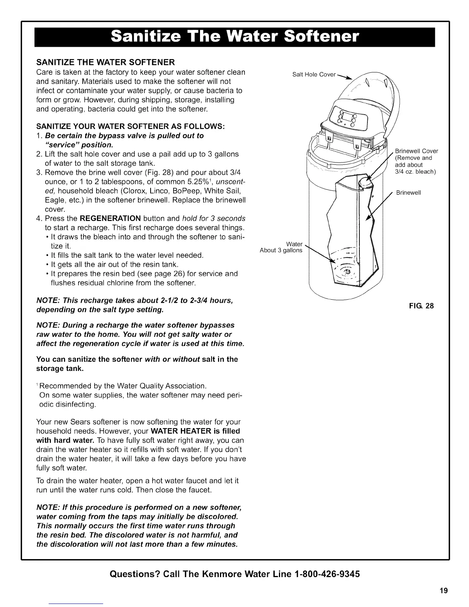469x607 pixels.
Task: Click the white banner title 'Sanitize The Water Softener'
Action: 235,38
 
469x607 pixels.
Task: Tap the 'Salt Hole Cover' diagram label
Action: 313,74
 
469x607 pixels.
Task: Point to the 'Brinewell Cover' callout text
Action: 416,151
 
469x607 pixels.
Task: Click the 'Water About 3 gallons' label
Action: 281,248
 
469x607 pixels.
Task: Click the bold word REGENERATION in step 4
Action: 110,218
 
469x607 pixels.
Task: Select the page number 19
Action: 444,590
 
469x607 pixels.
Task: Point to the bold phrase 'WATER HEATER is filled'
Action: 196,431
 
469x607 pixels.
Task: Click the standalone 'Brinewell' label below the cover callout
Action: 408,193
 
